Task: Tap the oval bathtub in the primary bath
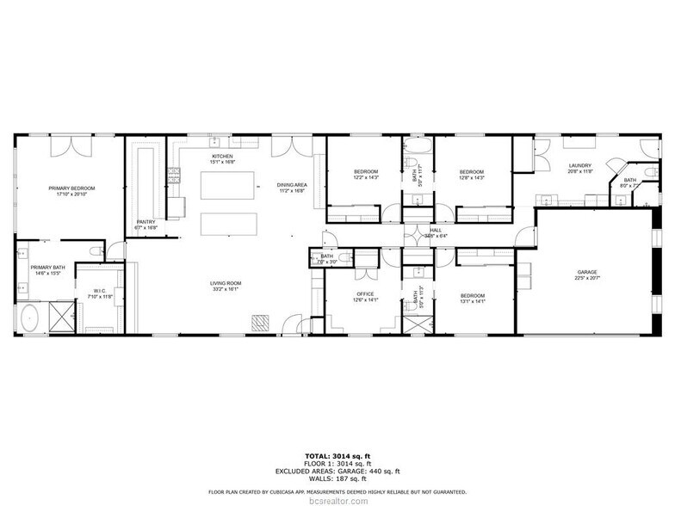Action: pyautogui.click(x=29, y=318)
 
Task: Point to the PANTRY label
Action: pyautogui.click(x=146, y=221)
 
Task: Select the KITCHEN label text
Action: pyautogui.click(x=222, y=156)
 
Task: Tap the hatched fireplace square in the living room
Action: pyautogui.click(x=261, y=321)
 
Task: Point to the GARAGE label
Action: pyautogui.click(x=587, y=273)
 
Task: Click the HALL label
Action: pyautogui.click(x=436, y=230)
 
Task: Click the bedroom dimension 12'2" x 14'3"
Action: pyautogui.click(x=366, y=178)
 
